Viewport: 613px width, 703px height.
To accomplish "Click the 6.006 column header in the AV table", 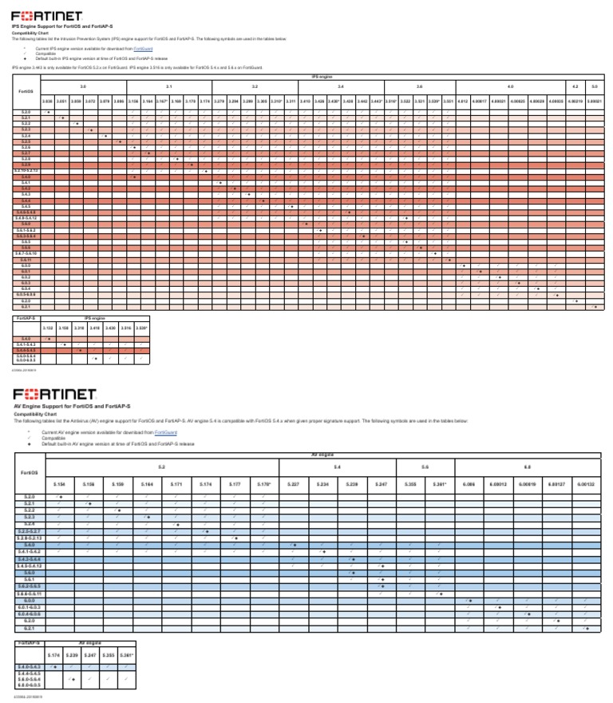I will (x=469, y=484).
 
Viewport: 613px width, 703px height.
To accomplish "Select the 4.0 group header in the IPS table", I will (x=510, y=85).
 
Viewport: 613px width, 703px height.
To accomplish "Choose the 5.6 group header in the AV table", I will (x=424, y=467).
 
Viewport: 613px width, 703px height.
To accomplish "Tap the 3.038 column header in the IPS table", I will (x=47, y=101).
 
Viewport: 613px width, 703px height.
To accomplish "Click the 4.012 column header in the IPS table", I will (x=462, y=101).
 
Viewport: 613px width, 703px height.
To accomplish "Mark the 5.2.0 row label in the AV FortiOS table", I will (x=30, y=497).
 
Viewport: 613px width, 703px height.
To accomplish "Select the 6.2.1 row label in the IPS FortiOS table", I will (x=26, y=307).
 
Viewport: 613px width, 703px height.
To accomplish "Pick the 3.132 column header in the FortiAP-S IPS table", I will (x=47, y=328).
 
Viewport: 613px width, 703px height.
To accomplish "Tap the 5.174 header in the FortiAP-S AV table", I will (x=53, y=654).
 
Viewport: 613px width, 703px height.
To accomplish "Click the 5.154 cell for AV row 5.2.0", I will (x=59, y=497).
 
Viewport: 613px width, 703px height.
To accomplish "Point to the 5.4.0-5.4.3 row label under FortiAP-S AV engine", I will (x=28, y=666).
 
